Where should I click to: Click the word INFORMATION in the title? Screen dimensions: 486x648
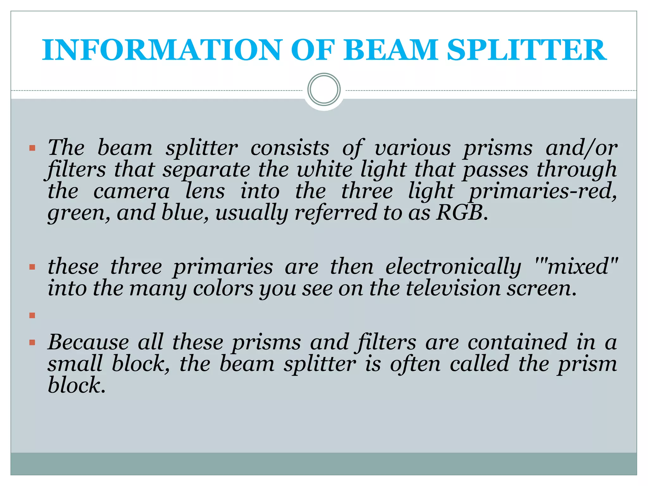tap(161, 50)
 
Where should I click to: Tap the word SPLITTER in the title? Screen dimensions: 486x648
tap(527, 50)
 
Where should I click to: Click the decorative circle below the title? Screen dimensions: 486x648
tap(324, 90)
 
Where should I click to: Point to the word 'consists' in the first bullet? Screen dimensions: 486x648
tap(290, 148)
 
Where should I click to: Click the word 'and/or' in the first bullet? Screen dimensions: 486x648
tap(582, 148)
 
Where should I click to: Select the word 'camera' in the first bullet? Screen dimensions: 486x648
tap(131, 191)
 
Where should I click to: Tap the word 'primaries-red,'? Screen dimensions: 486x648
tap(543, 191)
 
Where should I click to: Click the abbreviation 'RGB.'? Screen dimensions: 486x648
tap(462, 213)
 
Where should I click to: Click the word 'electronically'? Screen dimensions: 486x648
tap(453, 267)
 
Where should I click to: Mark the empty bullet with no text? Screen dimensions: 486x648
tap(32, 315)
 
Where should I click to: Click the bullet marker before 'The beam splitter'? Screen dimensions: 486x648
tap(32, 148)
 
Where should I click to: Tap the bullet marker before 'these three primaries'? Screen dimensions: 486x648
tap(32, 267)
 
